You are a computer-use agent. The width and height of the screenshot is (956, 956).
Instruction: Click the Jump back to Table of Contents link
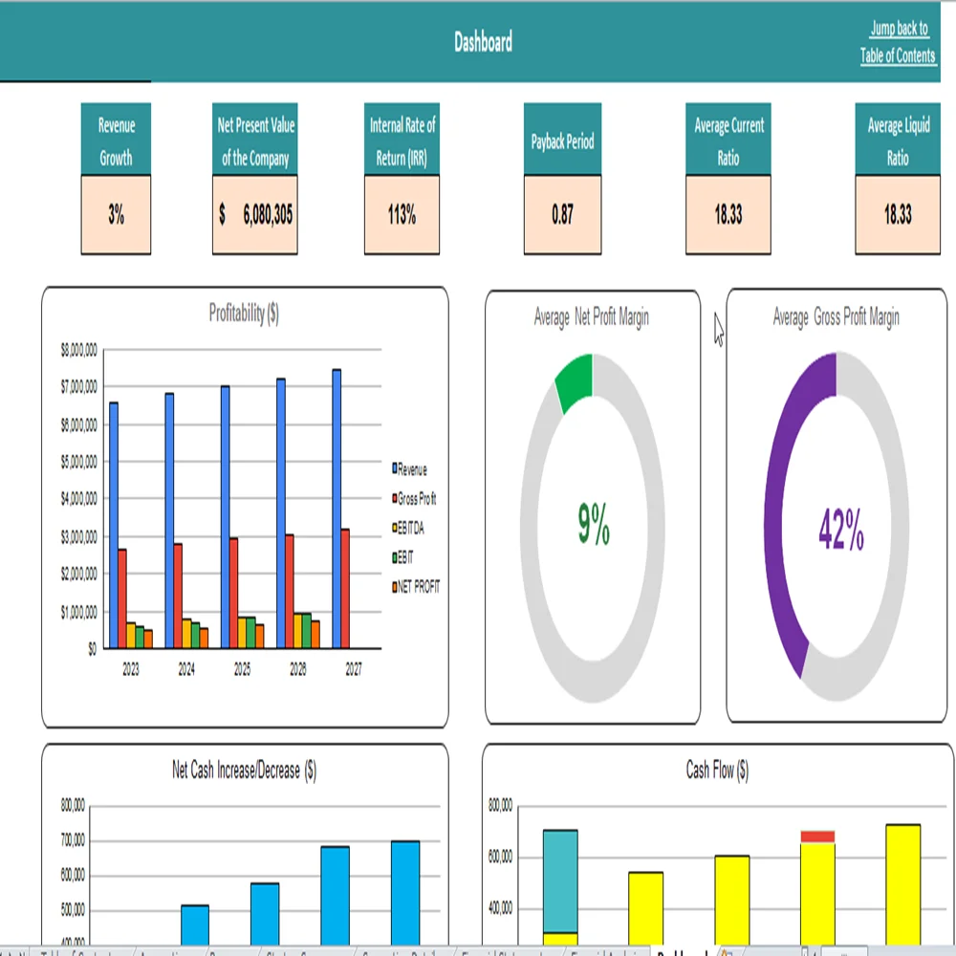click(898, 43)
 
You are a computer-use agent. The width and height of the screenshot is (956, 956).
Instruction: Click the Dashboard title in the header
click(483, 42)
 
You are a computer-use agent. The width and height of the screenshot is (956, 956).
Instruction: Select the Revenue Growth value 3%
click(116, 215)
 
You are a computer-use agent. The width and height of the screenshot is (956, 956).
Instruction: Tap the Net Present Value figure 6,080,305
click(255, 215)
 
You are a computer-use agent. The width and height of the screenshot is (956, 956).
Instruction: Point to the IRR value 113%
click(402, 215)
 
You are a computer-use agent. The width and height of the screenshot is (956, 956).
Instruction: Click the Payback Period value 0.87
click(562, 215)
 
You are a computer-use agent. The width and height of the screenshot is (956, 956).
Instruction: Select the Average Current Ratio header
click(728, 141)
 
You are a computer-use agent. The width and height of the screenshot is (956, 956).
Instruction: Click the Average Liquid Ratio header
click(897, 141)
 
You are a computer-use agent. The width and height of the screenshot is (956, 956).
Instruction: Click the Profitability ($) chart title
click(244, 314)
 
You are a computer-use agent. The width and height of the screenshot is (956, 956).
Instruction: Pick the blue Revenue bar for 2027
click(337, 507)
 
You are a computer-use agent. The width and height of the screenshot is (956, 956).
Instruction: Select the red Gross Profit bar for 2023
click(122, 597)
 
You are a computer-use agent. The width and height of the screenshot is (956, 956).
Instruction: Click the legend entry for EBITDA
click(411, 528)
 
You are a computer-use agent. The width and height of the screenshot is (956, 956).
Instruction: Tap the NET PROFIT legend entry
click(417, 586)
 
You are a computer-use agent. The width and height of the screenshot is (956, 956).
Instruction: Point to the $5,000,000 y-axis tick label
click(78, 462)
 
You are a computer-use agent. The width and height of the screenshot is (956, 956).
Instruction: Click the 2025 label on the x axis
click(242, 671)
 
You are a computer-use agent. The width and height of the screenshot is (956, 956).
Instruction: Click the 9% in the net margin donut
click(594, 525)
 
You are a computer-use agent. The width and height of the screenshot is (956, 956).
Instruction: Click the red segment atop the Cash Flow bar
click(817, 836)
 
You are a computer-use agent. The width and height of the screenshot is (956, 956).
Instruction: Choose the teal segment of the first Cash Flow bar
click(560, 880)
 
